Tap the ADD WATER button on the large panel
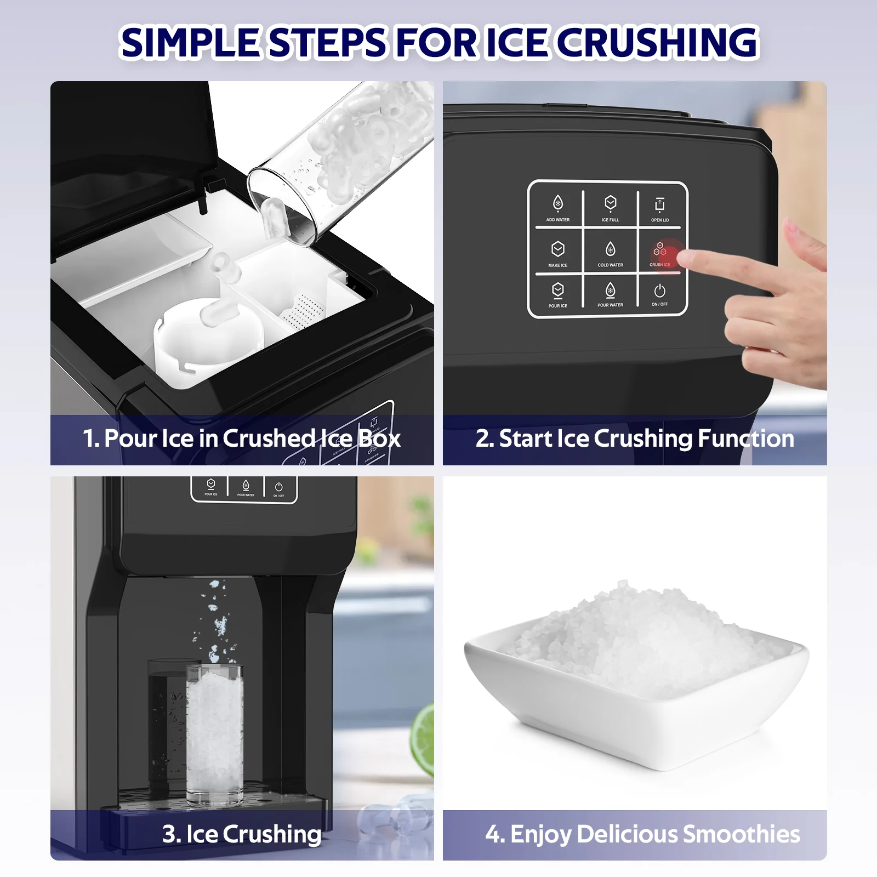click(x=557, y=208)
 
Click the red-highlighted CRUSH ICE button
click(x=660, y=253)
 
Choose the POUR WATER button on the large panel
click(x=610, y=294)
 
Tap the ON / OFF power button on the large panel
click(x=659, y=294)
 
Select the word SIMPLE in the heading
click(x=189, y=43)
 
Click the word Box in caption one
click(x=379, y=438)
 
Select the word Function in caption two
click(x=745, y=438)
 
